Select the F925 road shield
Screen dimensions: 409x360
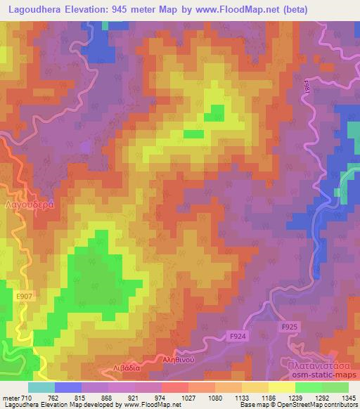pos(290,327)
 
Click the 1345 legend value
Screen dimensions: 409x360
pos(348,398)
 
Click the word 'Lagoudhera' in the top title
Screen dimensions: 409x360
pos(33,8)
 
